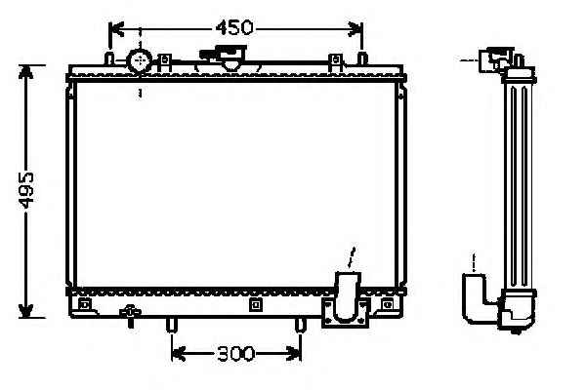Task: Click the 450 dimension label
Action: coord(234,27)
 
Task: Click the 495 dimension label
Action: coord(27,190)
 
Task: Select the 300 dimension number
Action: coord(235,353)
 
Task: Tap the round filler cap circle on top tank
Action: coord(140,60)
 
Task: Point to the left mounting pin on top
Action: coord(109,58)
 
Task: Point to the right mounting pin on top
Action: coord(362,58)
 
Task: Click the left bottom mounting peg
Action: coord(171,325)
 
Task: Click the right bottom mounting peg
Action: coord(301,325)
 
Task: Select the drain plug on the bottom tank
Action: coord(130,316)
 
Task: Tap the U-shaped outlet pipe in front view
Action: coord(348,298)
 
